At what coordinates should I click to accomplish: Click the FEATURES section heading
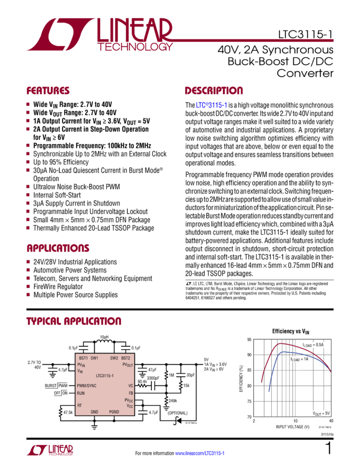(48, 90)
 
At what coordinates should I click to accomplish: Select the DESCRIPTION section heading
(213, 90)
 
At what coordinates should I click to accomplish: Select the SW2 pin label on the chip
(114, 357)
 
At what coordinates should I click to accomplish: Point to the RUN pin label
(81, 393)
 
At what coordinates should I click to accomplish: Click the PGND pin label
(114, 411)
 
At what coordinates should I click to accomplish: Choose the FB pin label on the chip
(129, 393)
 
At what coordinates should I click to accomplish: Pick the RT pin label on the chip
(79, 405)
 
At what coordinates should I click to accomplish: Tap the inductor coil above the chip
(104, 345)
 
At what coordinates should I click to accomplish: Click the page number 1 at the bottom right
(328, 450)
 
